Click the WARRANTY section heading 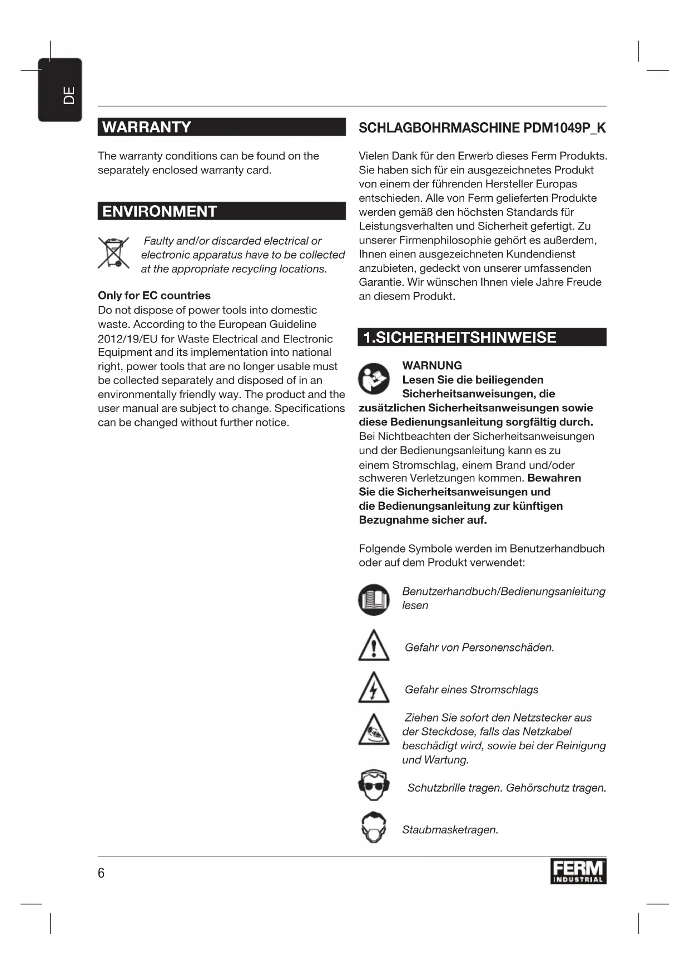(x=147, y=127)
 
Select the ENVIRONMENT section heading (x=160, y=212)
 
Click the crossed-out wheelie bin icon (x=113, y=253)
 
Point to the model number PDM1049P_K (x=564, y=128)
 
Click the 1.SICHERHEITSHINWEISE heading (x=459, y=338)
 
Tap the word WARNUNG (x=432, y=366)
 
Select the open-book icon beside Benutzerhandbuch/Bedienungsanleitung (x=374, y=600)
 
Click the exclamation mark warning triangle (x=374, y=646)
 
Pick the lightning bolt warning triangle (x=374, y=688)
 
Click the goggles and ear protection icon (x=374, y=785)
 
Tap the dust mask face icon (x=374, y=828)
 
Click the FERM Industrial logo (x=578, y=872)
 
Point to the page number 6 (x=101, y=873)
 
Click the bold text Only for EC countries (x=154, y=296)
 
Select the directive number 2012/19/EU (x=127, y=339)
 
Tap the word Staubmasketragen (x=450, y=830)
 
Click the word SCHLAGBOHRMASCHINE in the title (x=439, y=128)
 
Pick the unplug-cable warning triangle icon (x=374, y=730)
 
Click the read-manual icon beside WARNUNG (x=374, y=379)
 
